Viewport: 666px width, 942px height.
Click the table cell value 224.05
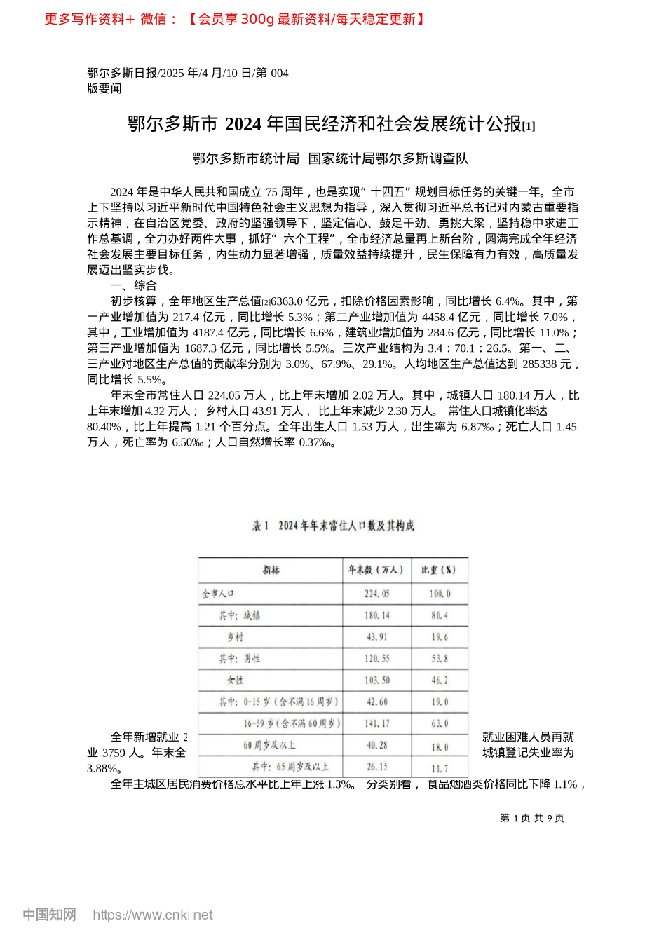coord(376,594)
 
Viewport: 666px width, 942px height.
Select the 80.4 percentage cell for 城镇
coord(440,615)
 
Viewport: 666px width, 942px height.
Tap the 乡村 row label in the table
coord(235,637)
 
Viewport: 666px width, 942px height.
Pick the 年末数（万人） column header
coord(376,570)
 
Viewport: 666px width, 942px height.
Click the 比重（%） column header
coord(439,570)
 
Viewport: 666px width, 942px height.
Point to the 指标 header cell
coord(271,570)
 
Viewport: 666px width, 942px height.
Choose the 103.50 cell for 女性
coord(377,681)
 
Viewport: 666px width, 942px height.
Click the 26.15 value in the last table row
coord(377,767)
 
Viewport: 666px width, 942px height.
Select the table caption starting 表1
coord(333,526)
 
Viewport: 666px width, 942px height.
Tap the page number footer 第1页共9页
coord(531,818)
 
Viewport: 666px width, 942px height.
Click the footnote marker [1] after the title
coord(529,126)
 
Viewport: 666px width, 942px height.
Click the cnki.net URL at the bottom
coord(153,915)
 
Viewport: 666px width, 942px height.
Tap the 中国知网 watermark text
coord(49,915)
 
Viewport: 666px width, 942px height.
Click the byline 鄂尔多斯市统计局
coord(245,159)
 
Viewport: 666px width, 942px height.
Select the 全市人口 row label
coord(218,594)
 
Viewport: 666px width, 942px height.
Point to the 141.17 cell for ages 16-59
coord(377,723)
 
